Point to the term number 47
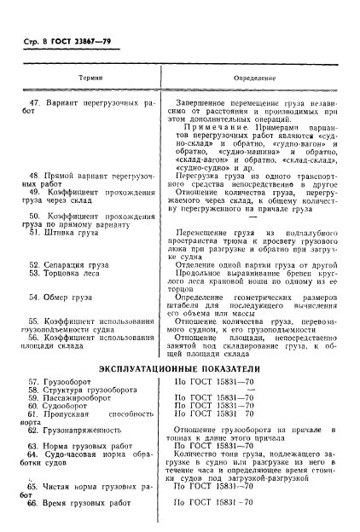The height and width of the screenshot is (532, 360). (34, 101)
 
